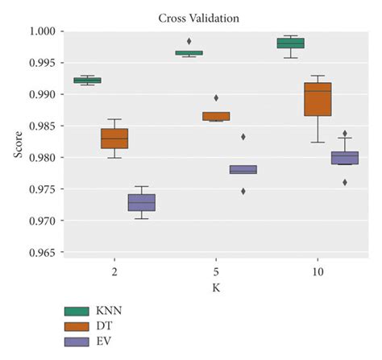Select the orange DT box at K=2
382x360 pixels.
(x=114, y=139)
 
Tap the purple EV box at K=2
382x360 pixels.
(x=142, y=202)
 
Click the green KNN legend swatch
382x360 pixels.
(x=77, y=310)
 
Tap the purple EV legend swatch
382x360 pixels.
(x=77, y=341)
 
